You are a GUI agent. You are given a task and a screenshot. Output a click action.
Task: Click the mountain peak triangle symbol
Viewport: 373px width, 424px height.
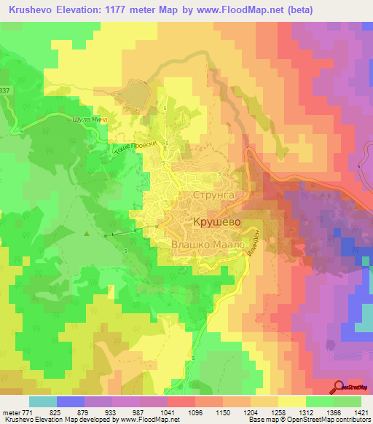point(87,234)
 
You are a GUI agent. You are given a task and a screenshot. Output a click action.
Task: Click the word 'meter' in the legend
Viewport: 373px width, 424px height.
point(12,413)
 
